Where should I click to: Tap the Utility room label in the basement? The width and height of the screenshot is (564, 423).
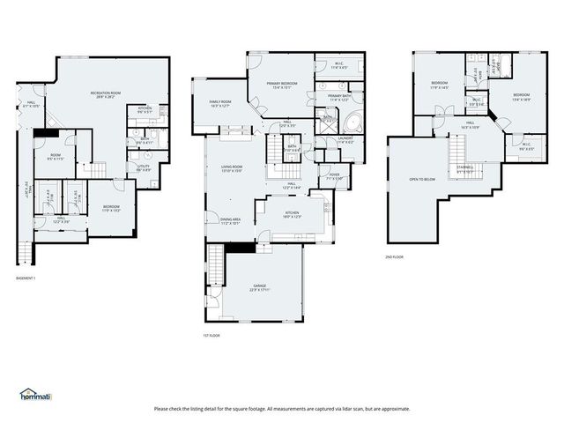144,167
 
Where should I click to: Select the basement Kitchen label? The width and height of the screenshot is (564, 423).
145,109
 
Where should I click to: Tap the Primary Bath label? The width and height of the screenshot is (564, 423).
339,96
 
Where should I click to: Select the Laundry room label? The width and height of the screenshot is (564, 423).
345,138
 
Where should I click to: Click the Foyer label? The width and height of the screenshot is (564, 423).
334,175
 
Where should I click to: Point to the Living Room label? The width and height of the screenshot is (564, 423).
232,168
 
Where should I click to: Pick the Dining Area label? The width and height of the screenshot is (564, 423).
232,220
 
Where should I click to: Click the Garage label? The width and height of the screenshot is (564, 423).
258,287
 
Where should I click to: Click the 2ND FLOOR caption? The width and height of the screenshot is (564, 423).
394,256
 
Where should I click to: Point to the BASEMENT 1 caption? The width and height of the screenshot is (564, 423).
26,278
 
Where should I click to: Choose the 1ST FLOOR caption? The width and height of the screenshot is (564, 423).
211,336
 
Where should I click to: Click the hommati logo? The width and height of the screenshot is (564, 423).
36,394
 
